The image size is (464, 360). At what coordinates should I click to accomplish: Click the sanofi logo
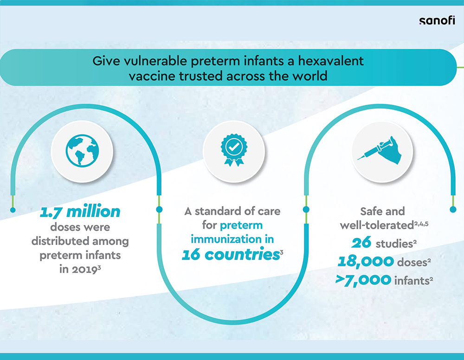(437, 21)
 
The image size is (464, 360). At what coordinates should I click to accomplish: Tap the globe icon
(82, 151)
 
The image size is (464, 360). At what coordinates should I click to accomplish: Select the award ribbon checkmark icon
(234, 150)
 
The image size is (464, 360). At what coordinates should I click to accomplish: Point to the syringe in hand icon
(380, 150)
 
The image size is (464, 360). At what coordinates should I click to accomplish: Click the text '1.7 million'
(80, 212)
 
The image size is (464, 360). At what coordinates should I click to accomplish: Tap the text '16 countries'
(231, 254)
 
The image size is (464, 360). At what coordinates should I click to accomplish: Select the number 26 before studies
(361, 243)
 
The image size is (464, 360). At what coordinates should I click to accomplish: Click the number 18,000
(366, 262)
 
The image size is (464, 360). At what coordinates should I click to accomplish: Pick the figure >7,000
(363, 280)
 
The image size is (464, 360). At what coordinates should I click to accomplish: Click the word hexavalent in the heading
(330, 61)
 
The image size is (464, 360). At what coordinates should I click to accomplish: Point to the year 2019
(84, 269)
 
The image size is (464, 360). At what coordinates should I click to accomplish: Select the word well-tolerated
(377, 225)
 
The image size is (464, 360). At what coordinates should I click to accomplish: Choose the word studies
(394, 244)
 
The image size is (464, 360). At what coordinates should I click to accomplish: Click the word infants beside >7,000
(412, 281)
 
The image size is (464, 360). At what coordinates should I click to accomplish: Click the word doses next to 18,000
(412, 263)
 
